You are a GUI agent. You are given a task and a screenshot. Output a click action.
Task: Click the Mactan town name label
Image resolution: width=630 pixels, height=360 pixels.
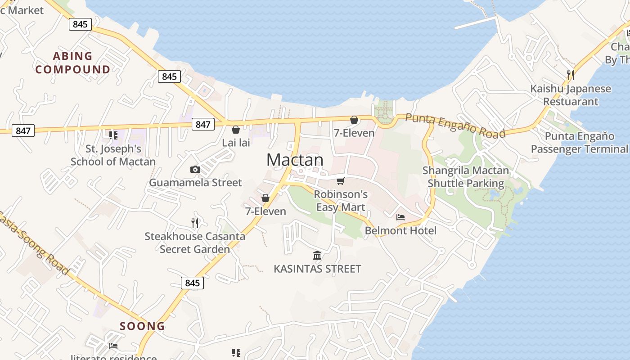coord(295,160)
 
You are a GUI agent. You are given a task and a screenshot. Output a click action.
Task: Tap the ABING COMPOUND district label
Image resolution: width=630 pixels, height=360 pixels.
coord(72,63)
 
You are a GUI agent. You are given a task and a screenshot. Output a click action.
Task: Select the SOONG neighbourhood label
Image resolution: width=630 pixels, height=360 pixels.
coord(142,326)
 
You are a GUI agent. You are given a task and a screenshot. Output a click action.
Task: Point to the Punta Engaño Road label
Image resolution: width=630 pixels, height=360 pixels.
coord(455,125)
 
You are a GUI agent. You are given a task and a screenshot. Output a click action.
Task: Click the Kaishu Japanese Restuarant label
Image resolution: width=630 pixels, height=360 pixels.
coord(571,95)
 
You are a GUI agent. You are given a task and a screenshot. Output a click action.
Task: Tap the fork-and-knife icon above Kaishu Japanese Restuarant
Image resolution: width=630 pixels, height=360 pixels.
coord(571,75)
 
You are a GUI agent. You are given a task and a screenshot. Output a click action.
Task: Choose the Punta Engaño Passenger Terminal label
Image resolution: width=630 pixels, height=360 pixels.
coord(579,142)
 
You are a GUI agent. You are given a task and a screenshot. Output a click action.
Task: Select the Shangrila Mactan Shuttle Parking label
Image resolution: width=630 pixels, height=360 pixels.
coord(466,177)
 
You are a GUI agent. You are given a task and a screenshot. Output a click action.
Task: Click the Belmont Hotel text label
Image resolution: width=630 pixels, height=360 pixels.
coord(400,231)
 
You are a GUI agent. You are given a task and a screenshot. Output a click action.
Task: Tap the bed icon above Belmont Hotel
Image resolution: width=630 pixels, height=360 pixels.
coord(400,217)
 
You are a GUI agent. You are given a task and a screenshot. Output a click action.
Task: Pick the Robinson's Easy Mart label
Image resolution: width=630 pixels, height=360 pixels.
coord(341,201)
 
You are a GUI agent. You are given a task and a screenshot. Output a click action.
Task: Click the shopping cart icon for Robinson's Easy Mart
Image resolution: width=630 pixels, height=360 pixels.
coord(341,181)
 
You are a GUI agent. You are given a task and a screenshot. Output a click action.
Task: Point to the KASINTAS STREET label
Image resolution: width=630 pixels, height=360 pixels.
coord(317,269)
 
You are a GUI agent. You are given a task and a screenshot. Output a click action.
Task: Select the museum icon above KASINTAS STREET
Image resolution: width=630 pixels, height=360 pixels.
coord(317,256)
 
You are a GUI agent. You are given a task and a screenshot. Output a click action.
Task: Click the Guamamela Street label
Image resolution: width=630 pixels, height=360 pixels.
coord(195,183)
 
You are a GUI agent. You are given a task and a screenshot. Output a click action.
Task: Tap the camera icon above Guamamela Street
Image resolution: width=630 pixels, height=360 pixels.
coord(195,169)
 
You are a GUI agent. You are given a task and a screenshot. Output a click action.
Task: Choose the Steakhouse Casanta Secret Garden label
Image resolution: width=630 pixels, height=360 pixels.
coord(195,243)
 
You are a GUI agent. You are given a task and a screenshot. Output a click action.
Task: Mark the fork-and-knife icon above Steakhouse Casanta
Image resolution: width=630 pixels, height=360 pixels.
coord(195,223)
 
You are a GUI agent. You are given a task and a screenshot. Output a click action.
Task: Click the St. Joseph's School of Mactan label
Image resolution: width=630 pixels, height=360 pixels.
coord(113,155)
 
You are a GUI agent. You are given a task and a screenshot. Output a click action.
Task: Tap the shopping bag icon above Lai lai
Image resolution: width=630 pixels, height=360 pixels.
coord(235,130)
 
